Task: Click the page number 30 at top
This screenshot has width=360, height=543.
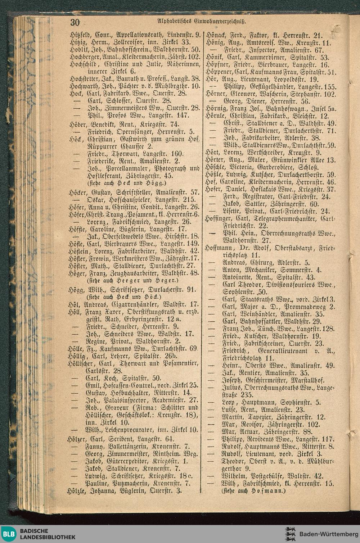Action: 75,22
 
